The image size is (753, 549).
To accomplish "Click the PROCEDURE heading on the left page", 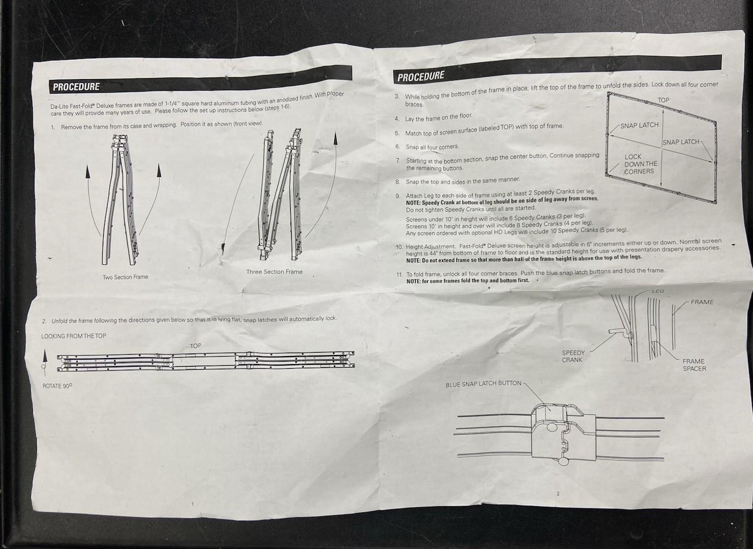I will [x=76, y=87].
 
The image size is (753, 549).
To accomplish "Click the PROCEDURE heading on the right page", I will [x=421, y=77].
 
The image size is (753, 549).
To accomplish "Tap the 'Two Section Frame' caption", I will [x=125, y=277].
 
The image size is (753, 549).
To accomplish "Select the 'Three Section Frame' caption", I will [x=274, y=272].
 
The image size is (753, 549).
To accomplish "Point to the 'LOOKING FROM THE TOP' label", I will [x=74, y=336].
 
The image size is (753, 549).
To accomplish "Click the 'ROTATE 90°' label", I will [x=57, y=386].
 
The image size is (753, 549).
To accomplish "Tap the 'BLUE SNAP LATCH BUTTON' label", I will [x=483, y=384].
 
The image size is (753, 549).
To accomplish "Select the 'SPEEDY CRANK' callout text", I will [x=573, y=356].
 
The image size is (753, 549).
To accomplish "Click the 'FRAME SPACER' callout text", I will [x=694, y=365].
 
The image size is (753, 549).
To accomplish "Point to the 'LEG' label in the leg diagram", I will [x=658, y=291].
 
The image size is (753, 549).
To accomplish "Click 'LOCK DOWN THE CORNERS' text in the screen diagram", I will [x=640, y=164].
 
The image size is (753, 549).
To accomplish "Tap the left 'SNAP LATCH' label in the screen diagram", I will [x=639, y=125].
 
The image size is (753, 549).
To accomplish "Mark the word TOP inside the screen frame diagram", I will [x=663, y=100].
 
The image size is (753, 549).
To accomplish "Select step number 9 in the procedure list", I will [x=397, y=196].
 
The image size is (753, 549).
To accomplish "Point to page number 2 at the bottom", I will [x=558, y=494].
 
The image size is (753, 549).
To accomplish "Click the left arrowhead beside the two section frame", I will [x=88, y=172].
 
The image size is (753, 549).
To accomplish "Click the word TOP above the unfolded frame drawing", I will [x=195, y=346].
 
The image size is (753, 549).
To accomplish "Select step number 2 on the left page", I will [x=44, y=321].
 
